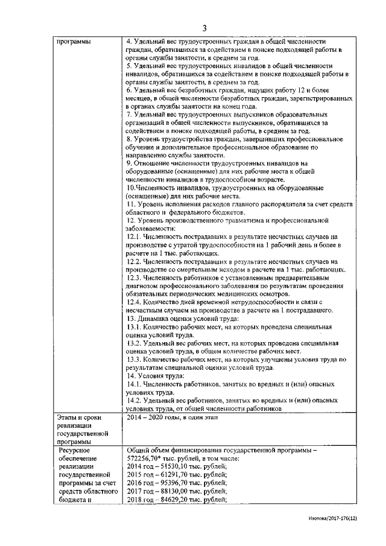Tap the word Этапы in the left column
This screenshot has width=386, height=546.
67,417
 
